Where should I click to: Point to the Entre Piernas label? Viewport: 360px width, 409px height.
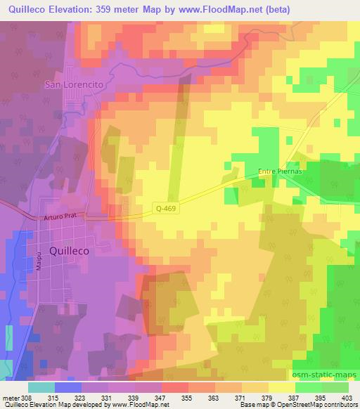click(280, 171)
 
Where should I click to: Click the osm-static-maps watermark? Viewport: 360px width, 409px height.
click(326, 372)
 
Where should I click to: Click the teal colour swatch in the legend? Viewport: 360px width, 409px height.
click(41, 387)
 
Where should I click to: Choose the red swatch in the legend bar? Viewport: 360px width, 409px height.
click(174, 387)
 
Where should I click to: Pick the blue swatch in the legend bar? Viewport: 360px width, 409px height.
click(68, 387)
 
